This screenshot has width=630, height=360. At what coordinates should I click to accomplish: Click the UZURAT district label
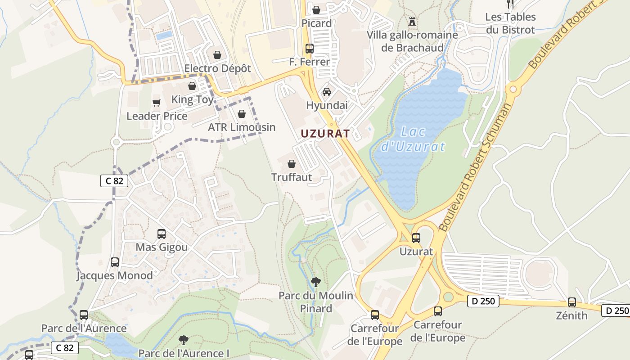point(325,134)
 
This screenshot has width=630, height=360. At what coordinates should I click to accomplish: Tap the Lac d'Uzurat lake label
point(413,139)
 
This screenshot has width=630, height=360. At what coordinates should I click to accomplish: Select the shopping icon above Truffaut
point(292,164)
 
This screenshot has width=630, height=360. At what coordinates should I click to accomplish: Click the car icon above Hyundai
point(327,92)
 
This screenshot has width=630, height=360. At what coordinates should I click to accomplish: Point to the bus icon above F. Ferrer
point(309,48)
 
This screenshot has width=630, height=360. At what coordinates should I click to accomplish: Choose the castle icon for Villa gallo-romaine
point(412,21)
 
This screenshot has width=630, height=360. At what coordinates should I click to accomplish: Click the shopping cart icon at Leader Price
point(156,103)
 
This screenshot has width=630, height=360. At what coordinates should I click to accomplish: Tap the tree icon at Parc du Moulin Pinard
point(316,282)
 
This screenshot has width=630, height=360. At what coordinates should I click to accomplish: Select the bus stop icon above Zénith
point(571,302)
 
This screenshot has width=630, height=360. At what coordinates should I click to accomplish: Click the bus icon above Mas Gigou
point(162,234)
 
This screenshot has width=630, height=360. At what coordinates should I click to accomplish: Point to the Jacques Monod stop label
point(114,275)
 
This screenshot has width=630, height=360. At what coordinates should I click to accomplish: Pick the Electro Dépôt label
point(218,68)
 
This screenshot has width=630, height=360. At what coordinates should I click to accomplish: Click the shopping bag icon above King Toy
point(192,86)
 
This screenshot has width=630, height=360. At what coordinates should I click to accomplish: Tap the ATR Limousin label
point(242,127)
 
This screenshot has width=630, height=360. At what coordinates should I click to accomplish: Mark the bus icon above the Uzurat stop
point(416,238)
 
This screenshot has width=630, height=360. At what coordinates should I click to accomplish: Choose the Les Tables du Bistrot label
point(510,23)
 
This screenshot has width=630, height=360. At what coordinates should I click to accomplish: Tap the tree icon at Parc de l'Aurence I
point(183,340)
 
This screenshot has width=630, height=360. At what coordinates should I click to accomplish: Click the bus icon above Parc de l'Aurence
point(84,315)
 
